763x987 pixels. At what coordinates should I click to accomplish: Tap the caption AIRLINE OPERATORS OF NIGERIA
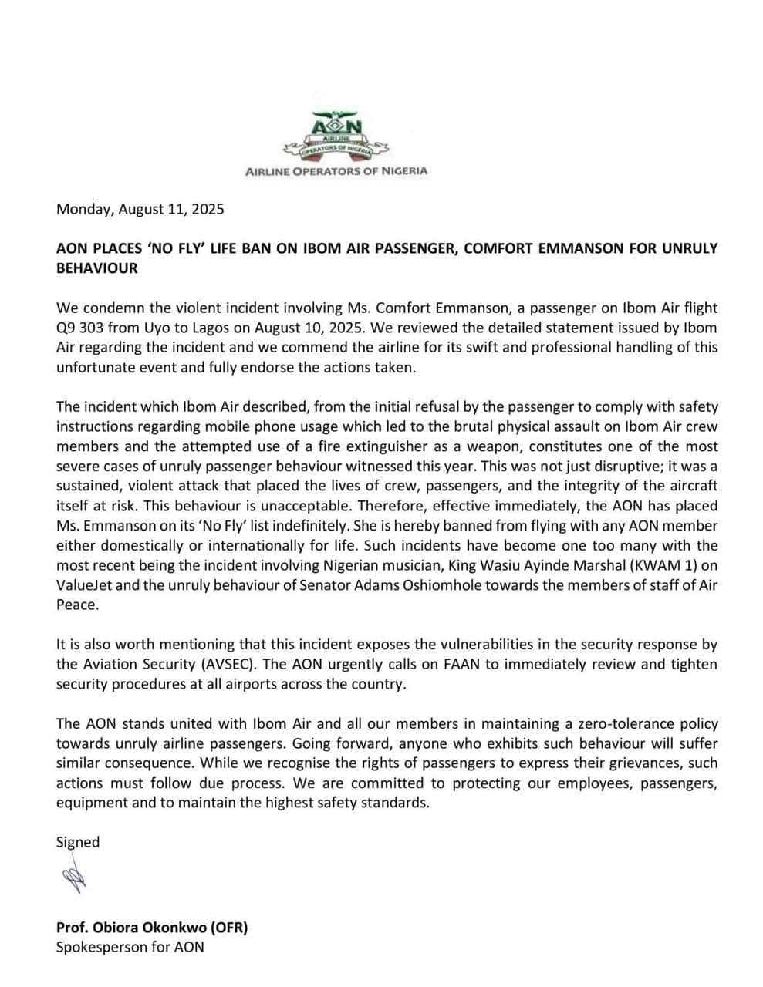336,171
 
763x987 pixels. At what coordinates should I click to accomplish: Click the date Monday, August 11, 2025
140,209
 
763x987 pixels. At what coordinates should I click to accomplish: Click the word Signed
78,842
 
